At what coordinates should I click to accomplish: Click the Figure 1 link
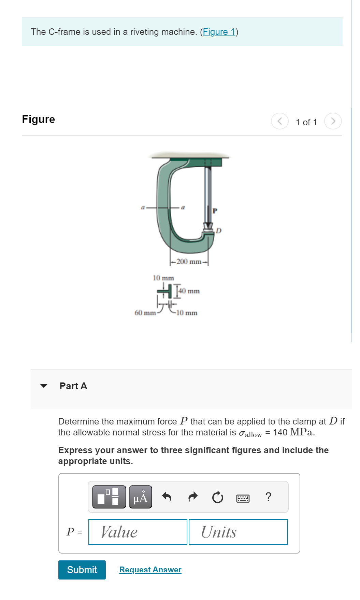pos(219,32)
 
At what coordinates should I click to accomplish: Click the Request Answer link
pos(150,570)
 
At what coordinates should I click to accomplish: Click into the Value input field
pos(138,532)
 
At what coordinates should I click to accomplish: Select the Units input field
pos(238,532)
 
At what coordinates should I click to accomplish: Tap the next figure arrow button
pos(333,121)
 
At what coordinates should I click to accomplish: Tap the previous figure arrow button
pos(279,121)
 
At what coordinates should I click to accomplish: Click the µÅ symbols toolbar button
pos(141,497)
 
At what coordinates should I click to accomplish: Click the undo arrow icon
pos(167,497)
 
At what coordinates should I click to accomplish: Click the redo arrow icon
pos(193,497)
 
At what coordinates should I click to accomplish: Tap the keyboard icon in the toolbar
pos(243,499)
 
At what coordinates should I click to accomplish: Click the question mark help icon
pos(269,497)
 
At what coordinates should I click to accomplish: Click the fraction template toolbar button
pos(109,497)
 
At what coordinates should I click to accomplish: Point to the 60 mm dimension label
pos(145,313)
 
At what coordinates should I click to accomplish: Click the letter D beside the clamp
pos(219,231)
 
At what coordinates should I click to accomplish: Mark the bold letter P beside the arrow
pos(215,211)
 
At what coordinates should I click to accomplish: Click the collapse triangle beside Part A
pos(44,386)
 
